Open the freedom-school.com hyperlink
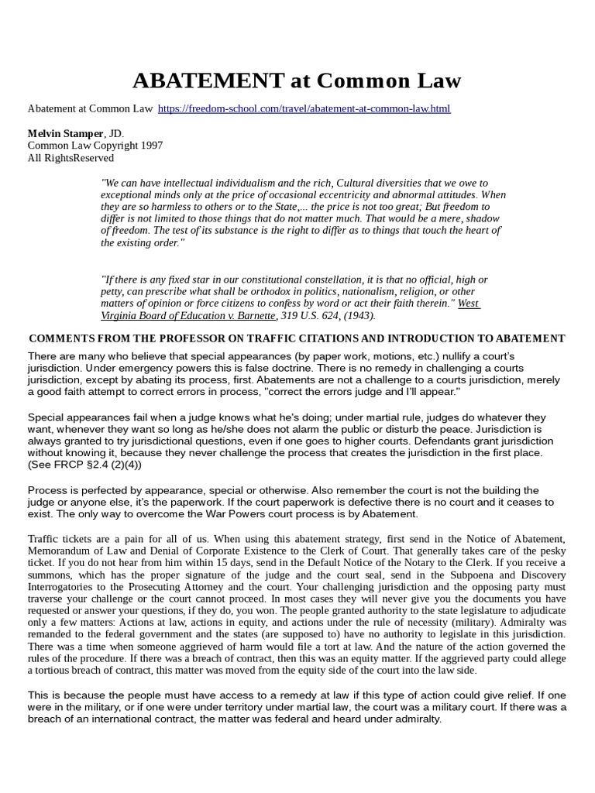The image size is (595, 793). (x=304, y=108)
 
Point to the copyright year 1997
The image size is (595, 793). (x=149, y=146)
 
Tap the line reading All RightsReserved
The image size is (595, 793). (x=71, y=158)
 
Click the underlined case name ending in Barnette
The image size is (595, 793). (x=188, y=315)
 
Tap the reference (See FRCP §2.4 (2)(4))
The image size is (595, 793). (x=85, y=465)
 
